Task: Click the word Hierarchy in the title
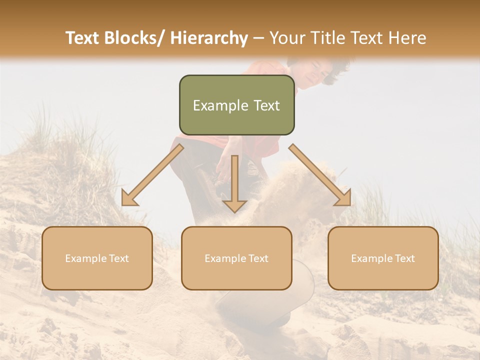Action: click(208, 38)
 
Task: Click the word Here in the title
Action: click(407, 38)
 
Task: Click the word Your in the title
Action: click(285, 38)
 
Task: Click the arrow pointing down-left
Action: click(152, 175)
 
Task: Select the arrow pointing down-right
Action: click(320, 175)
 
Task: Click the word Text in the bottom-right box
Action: click(404, 258)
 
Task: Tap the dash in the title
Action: click(258, 38)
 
